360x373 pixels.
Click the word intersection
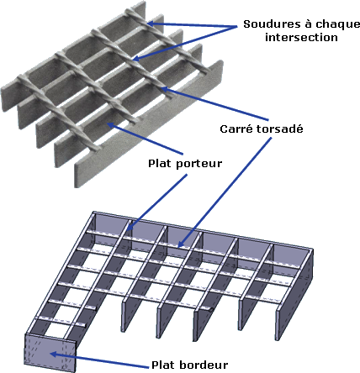(x=301, y=37)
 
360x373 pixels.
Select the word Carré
(x=236, y=129)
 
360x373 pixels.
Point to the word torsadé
(x=280, y=129)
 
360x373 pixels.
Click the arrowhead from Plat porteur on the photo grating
(x=112, y=125)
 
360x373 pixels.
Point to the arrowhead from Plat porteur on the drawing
(x=130, y=226)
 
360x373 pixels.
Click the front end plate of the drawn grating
(x=50, y=354)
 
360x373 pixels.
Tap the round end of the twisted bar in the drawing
(x=212, y=310)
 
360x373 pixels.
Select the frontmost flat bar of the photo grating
(x=149, y=124)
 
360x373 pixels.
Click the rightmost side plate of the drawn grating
(x=294, y=294)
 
